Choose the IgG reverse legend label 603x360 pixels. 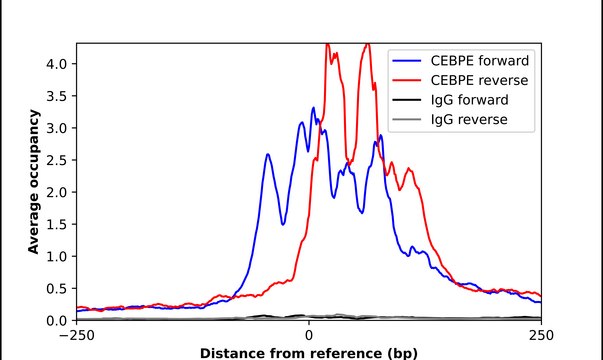467,120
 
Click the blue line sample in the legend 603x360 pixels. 408,60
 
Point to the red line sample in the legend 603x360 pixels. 408,80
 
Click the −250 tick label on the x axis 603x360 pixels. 76,334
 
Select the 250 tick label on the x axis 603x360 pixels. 541,334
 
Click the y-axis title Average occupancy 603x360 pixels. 33,182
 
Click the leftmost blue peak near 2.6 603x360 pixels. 268,154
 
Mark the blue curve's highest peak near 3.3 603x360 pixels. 313,108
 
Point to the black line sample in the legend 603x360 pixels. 408,100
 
